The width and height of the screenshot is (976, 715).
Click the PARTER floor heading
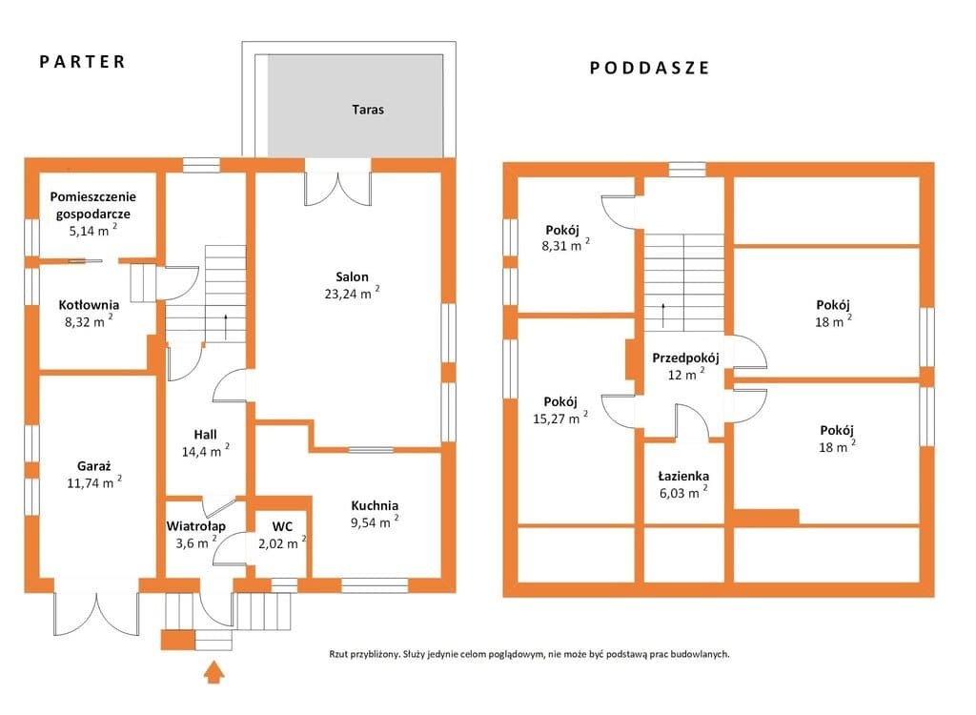83,62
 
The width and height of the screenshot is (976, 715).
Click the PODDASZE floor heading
650,68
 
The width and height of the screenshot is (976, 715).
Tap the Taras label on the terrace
368,110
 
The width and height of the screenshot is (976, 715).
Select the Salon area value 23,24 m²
352,294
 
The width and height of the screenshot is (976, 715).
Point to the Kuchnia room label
375,505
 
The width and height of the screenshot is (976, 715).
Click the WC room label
282,526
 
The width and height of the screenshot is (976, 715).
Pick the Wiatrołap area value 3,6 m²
196,542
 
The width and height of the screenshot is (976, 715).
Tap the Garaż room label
94,466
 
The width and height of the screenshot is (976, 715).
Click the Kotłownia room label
89,304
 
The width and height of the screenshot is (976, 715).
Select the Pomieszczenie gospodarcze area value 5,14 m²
92,230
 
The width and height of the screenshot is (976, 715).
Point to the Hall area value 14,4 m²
206,451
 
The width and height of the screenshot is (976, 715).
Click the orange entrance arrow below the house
213,672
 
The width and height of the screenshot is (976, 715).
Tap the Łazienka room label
683,477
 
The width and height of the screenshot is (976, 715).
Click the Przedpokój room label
685,358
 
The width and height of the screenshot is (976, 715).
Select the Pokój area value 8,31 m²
565,245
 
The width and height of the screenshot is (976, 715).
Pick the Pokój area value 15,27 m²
560,418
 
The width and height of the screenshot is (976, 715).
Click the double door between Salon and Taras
337,189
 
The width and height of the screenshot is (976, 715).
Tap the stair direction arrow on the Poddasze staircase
663,316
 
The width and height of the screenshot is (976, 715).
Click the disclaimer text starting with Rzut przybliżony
529,654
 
